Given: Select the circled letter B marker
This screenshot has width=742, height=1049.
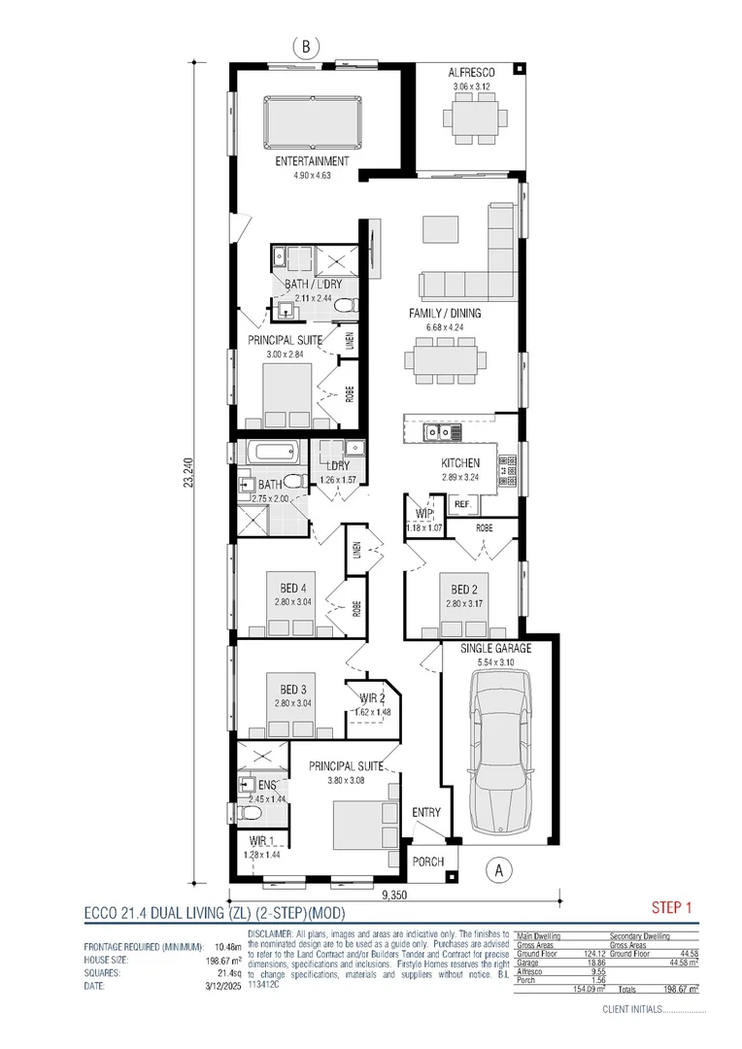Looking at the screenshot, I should click(307, 46).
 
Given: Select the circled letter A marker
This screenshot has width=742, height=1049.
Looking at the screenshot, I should click(499, 869).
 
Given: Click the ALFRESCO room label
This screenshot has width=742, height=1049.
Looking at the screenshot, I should click(473, 74).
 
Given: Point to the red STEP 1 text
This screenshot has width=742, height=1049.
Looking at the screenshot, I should click(670, 909).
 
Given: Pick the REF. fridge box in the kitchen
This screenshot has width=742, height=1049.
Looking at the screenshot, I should click(462, 505).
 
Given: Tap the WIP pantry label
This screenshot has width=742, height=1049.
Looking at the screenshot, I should click(423, 514).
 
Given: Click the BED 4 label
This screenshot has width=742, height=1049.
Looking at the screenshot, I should click(292, 589).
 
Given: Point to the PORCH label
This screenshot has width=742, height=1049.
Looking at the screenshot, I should click(427, 862).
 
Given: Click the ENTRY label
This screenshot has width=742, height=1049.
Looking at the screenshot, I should click(425, 812).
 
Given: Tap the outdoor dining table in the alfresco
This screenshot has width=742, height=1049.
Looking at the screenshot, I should click(473, 120).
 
